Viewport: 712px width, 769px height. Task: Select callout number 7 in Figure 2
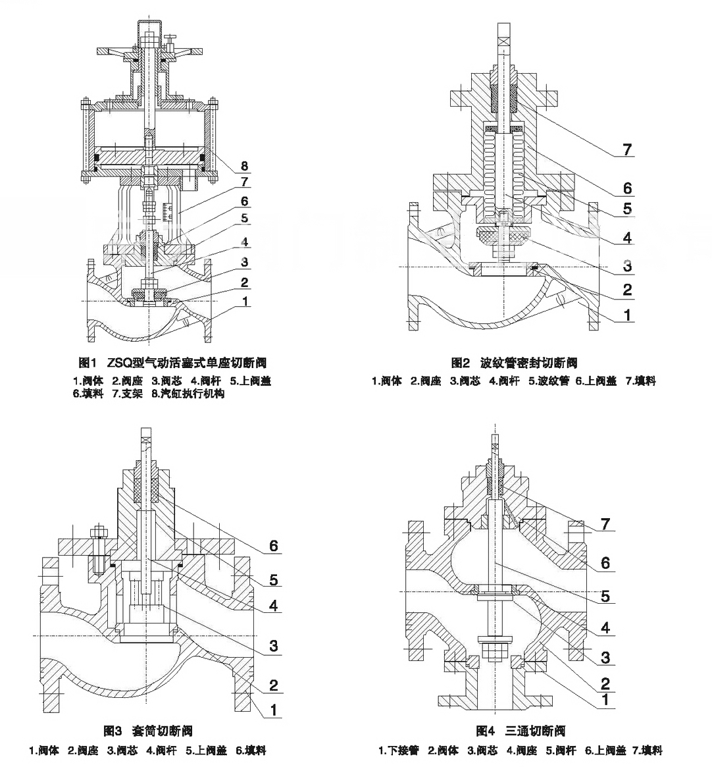tap(627, 150)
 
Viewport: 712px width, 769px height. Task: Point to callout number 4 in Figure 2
tap(627, 238)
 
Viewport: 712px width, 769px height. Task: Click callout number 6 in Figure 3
tap(274, 546)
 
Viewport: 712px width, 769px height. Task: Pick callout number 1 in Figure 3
tap(274, 709)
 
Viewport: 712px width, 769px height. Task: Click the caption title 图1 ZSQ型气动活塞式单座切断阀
tap(172, 363)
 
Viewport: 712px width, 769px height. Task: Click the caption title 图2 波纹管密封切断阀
tap(514, 363)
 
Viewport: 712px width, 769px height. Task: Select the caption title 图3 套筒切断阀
tap(148, 731)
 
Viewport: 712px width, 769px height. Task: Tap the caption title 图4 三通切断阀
tap(520, 731)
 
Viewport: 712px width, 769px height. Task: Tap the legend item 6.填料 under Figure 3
tap(251, 751)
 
